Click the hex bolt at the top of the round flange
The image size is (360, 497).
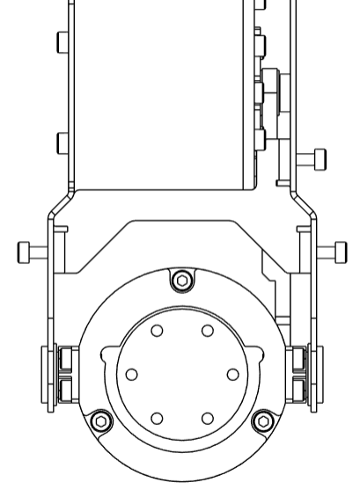181,281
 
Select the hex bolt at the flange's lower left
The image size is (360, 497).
100,421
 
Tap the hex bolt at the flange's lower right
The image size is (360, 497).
262,421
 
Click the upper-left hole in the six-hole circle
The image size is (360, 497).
157,331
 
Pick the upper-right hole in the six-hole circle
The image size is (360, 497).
208,331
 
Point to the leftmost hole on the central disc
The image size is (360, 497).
132,374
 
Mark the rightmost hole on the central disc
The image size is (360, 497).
232,374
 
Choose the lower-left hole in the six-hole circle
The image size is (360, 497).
157,418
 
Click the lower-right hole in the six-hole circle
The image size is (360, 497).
208,418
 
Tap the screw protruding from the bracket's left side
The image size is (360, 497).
32,252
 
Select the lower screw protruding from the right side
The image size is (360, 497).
332,252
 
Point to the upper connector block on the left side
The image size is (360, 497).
64,359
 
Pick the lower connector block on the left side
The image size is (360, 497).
64,388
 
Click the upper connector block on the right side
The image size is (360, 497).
298,359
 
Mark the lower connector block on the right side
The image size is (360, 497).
298,388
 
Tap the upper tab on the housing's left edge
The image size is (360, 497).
62,42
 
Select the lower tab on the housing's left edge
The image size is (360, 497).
62,143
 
